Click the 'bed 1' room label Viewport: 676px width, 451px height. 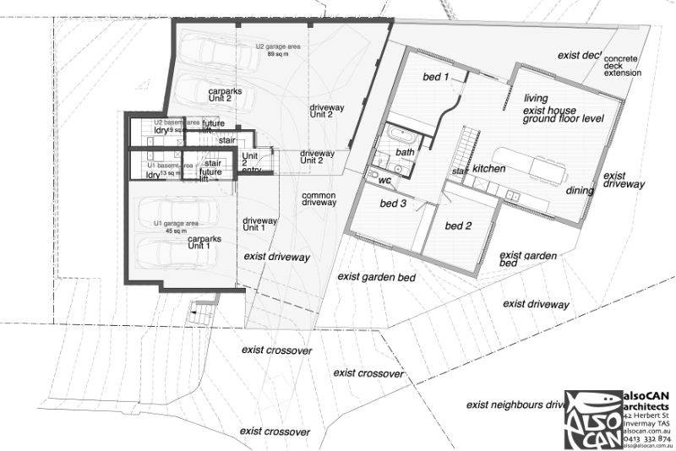(435, 78)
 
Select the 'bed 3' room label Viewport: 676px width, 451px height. (392, 204)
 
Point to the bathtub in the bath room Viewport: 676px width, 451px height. (401, 136)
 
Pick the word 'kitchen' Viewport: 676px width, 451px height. (488, 169)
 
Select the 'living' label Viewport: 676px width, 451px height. (536, 98)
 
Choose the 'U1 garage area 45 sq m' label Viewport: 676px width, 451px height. (176, 226)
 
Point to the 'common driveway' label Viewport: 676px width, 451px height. (319, 199)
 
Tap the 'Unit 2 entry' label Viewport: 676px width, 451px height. (251, 163)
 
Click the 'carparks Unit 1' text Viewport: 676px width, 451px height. (204, 242)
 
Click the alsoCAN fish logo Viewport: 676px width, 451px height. (591, 420)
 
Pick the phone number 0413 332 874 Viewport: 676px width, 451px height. (646, 438)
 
